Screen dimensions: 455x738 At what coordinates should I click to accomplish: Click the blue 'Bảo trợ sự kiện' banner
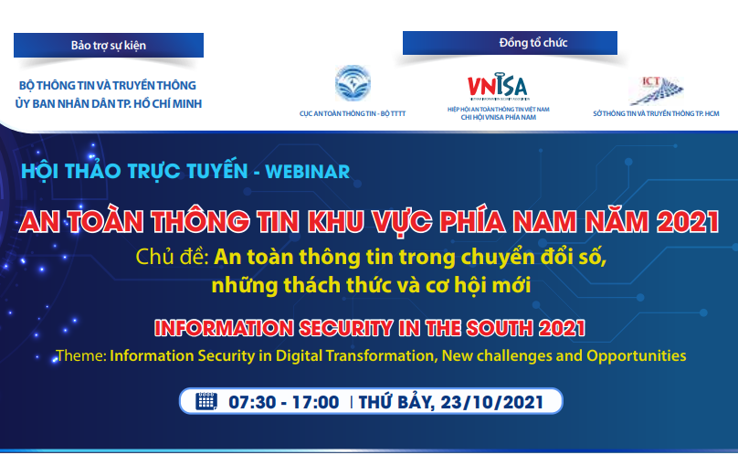108,45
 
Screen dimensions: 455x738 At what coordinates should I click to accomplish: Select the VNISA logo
497,86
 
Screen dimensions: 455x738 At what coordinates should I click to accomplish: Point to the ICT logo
657,90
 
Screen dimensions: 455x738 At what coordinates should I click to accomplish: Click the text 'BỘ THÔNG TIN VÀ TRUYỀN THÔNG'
108,86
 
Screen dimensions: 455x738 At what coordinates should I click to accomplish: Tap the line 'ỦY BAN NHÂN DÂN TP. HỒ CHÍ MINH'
108,102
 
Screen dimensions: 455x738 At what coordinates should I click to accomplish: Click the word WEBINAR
307,170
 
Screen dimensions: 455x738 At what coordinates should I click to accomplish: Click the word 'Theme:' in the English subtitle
80,354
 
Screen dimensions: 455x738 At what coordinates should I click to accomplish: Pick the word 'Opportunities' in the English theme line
638,354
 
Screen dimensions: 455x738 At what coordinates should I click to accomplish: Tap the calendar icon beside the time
206,401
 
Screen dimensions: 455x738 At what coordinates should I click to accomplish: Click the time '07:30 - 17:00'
283,402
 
